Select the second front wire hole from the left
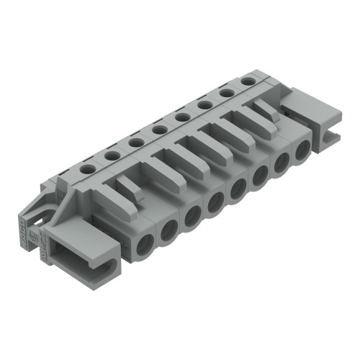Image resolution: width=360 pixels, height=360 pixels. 168,229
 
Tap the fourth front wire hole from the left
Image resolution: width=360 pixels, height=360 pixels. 214,204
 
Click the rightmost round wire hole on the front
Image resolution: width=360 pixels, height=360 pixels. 303,149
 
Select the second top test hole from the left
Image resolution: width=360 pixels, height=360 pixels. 111,154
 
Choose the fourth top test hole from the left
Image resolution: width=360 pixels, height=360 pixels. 157,130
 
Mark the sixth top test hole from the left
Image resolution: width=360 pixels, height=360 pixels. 204,105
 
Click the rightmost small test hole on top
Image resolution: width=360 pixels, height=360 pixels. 248,81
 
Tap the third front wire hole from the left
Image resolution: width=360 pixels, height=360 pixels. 192,217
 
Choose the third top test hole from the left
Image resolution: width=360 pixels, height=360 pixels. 135,142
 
